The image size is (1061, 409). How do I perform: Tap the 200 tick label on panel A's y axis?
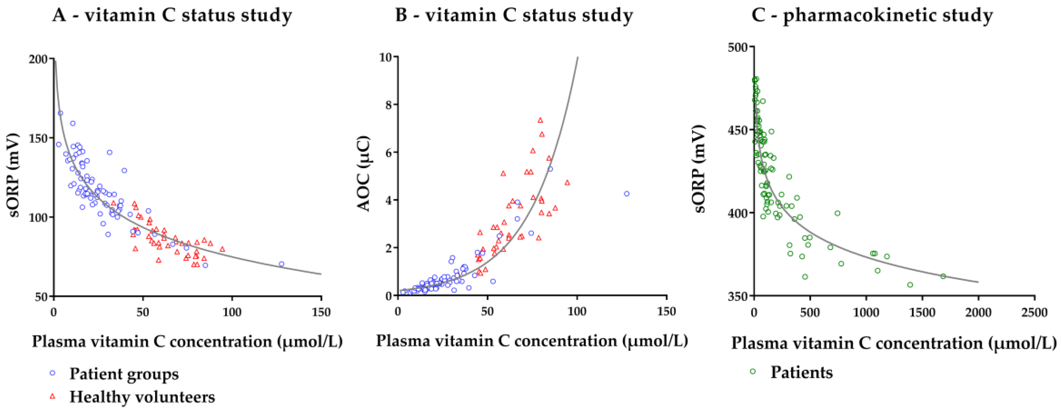point(38,59)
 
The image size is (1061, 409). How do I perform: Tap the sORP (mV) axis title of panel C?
point(700,169)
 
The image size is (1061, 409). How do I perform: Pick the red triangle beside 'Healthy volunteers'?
point(52,397)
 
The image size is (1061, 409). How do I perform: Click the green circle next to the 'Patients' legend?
point(753,371)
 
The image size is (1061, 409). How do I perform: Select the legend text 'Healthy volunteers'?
point(142,397)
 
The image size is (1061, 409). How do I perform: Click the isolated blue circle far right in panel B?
point(627,193)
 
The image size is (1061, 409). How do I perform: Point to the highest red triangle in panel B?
point(540,120)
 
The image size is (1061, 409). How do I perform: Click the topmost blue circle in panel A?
point(60,113)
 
